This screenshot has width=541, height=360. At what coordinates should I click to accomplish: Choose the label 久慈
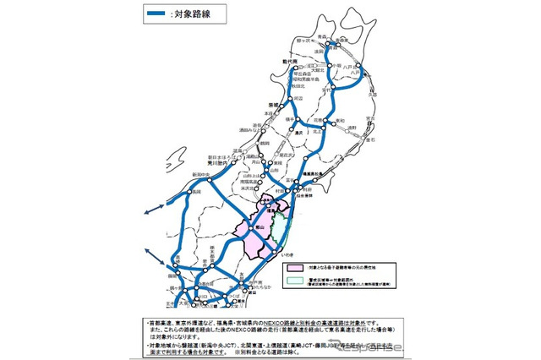click(x=371, y=95)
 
